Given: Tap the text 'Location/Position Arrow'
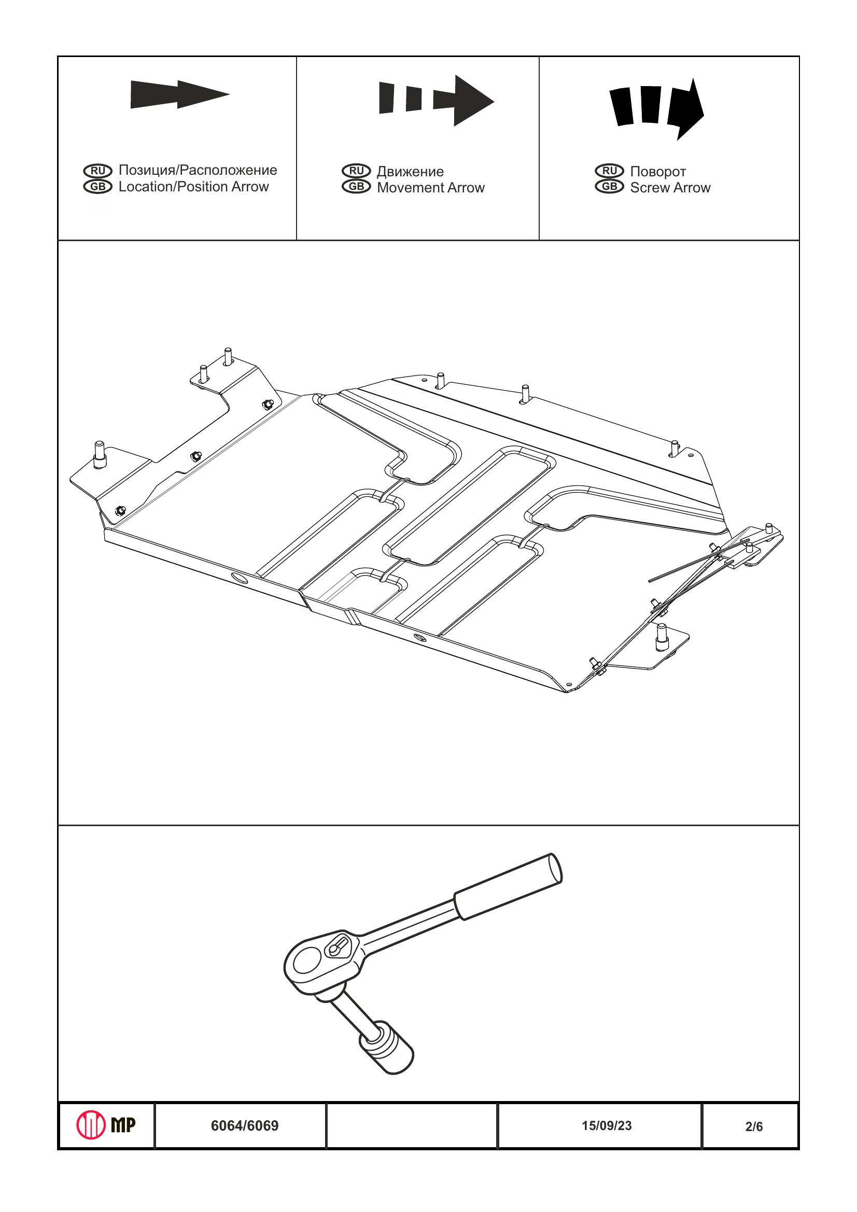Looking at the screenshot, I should (194, 187).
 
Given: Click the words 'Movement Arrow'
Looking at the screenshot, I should (431, 188).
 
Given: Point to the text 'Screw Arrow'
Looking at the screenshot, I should (670, 188).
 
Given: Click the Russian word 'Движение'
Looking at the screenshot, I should (410, 172).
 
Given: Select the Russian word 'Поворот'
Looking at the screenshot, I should (658, 172).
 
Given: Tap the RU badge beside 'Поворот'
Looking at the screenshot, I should (610, 171).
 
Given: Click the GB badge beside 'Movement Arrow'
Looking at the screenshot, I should (356, 187).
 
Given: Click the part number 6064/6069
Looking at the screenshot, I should (244, 1126).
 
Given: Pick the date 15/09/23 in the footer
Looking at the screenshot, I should (607, 1126).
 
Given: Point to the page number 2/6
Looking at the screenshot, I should (754, 1127).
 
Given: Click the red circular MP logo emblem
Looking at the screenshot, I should (91, 1125).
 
